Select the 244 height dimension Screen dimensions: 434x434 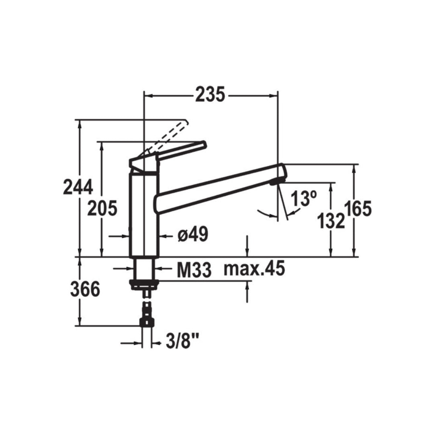(78, 187)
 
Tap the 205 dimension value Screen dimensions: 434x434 (103, 208)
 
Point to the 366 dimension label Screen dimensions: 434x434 (85, 290)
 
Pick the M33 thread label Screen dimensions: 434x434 (194, 271)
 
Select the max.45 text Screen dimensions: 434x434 (254, 269)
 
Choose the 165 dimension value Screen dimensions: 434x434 (357, 209)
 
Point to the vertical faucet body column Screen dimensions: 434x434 (144, 213)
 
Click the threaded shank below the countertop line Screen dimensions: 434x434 (144, 268)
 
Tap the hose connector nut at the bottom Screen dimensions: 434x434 (147, 322)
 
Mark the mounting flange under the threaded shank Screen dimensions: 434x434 (144, 283)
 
